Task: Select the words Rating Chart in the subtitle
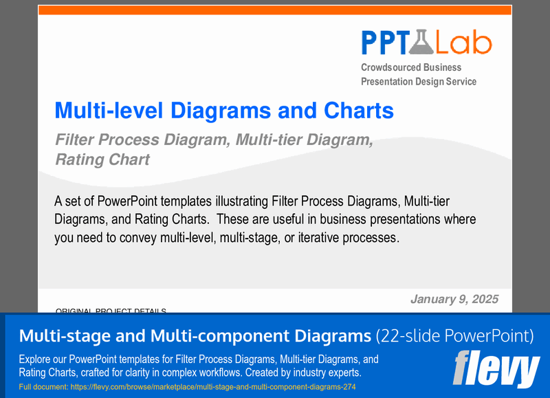102,159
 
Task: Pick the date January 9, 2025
454,299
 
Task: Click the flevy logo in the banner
496,370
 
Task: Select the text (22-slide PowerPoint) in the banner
454,336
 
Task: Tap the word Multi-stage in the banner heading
62,336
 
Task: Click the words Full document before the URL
45,388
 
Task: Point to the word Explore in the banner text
36,360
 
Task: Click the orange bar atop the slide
275,10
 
